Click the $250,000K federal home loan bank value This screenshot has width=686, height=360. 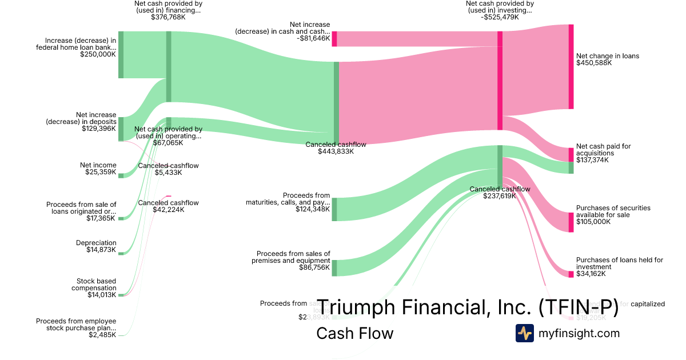[x=98, y=54]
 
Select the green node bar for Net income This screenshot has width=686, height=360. [x=121, y=175]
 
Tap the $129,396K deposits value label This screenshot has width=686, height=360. [x=99, y=129]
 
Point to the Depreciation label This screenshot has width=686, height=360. [x=96, y=243]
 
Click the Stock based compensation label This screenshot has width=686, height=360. [x=94, y=285]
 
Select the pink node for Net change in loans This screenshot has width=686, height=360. [x=571, y=67]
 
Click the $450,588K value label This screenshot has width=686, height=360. [x=594, y=63]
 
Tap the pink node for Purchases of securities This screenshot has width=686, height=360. [x=571, y=222]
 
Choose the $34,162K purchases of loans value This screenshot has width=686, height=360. [x=591, y=274]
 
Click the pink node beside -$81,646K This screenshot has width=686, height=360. [x=334, y=38]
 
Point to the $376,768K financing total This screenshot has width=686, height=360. [x=168, y=17]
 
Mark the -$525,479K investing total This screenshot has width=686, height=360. [x=500, y=17]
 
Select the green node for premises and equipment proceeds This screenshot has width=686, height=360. [x=334, y=267]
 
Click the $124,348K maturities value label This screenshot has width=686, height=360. [x=313, y=209]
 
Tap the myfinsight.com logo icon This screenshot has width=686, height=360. [x=524, y=333]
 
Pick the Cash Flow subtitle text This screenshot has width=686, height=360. [x=354, y=333]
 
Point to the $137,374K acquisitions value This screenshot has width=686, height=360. [x=592, y=160]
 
